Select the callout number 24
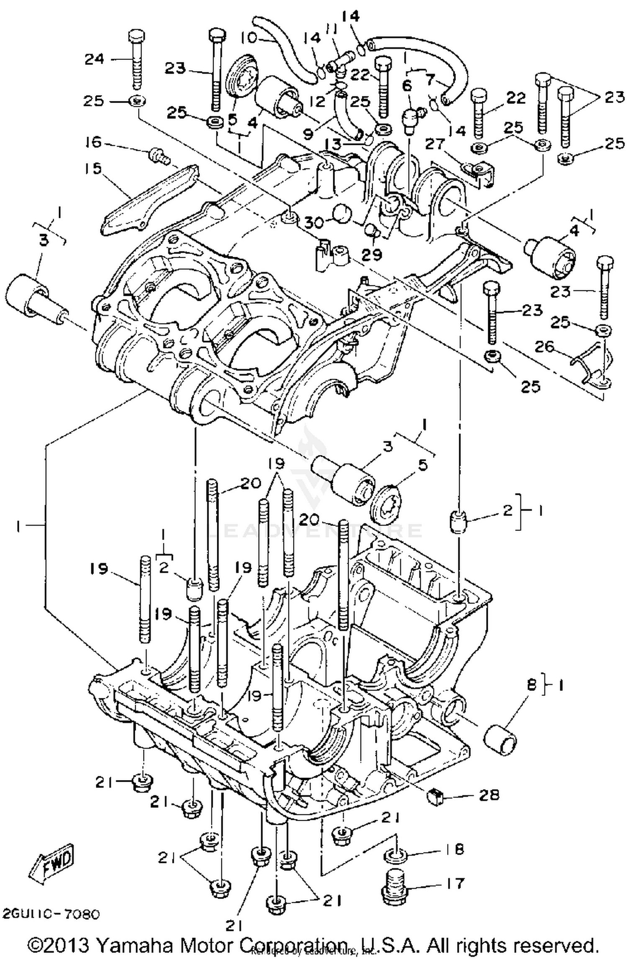(x=94, y=59)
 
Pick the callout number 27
(x=437, y=144)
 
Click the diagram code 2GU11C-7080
(x=51, y=913)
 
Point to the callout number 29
(x=372, y=253)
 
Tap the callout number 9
(x=308, y=134)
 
